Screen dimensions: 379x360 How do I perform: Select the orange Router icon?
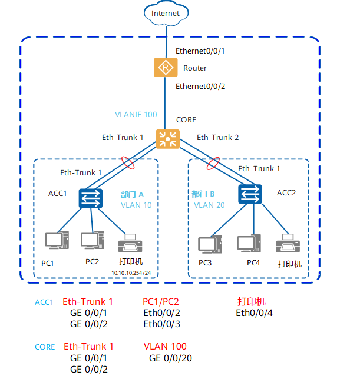click(x=166, y=67)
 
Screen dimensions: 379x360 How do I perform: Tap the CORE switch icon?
click(x=168, y=138)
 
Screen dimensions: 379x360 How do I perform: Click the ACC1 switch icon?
click(x=91, y=198)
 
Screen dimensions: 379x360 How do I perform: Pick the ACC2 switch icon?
click(x=250, y=194)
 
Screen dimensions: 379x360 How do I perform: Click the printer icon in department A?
click(x=130, y=243)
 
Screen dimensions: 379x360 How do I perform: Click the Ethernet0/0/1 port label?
click(x=200, y=51)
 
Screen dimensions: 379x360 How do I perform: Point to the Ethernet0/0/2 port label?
click(x=200, y=86)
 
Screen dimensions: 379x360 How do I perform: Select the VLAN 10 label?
click(x=136, y=205)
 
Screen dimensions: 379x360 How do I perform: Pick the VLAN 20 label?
click(x=209, y=205)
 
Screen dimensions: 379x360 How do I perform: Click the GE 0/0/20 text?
click(x=171, y=358)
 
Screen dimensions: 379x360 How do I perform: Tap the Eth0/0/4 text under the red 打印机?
click(x=255, y=312)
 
